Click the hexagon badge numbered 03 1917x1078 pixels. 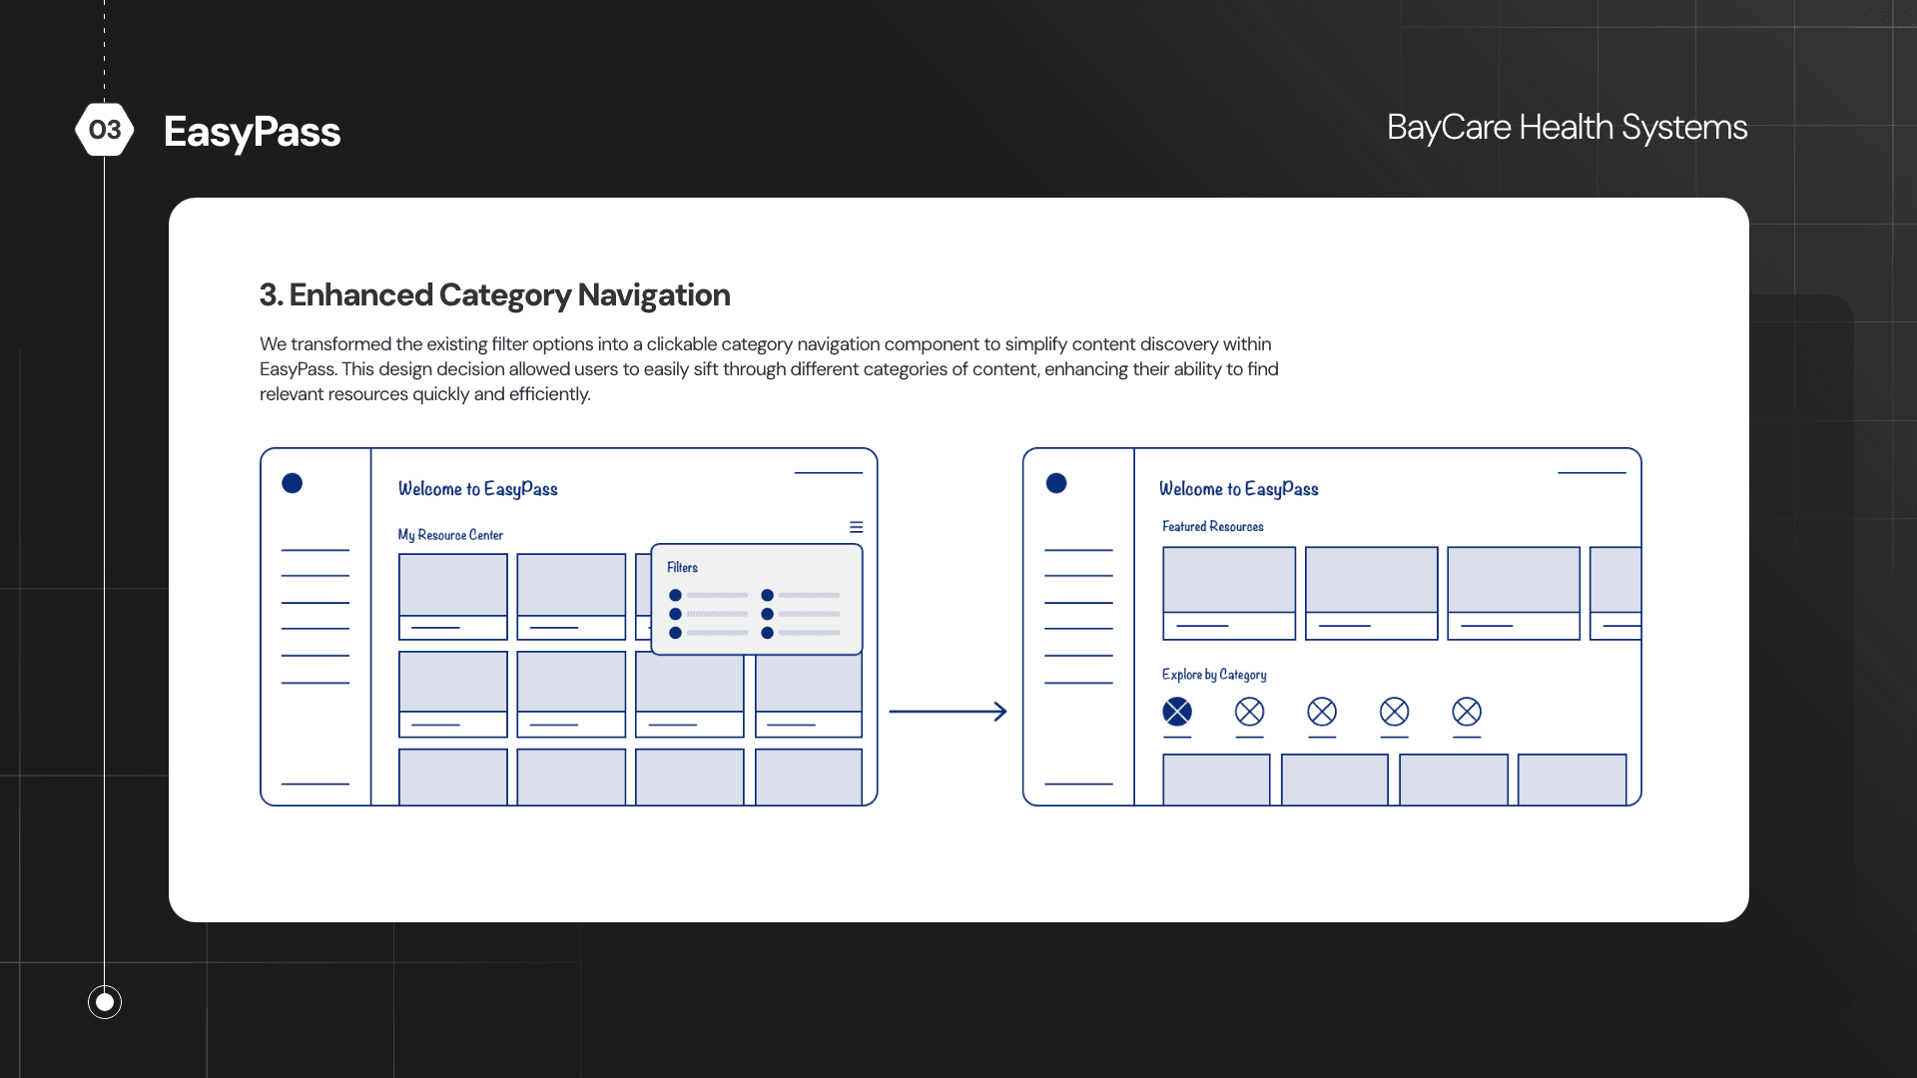[x=105, y=130]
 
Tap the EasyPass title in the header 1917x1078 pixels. [x=252, y=132]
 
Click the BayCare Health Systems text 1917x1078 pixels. [x=1567, y=128]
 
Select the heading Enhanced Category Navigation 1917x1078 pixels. [x=494, y=295]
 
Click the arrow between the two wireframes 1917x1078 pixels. [x=948, y=712]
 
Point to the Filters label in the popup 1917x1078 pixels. [x=682, y=567]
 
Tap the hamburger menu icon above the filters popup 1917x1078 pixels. [x=856, y=527]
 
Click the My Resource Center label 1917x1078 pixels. [x=450, y=535]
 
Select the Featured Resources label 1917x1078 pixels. [x=1212, y=526]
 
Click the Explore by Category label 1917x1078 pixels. [x=1214, y=675]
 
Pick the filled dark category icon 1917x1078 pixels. [x=1177, y=712]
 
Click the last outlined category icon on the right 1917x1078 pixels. [x=1467, y=712]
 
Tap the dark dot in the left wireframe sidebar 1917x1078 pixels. [x=292, y=483]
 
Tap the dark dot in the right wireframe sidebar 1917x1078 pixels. [x=1056, y=483]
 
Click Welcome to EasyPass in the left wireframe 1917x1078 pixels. [x=477, y=489]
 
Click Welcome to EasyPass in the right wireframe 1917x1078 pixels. [x=1238, y=489]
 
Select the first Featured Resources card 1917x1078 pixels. [x=1229, y=593]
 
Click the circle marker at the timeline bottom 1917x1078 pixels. [x=105, y=1001]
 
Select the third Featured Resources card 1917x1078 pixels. [x=1513, y=593]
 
